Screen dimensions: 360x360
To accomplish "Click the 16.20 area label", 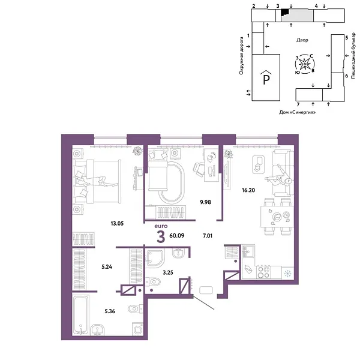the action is coord(248,190).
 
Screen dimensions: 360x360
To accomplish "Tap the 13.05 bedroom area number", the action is coord(117,223).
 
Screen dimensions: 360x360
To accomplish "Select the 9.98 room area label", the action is coord(205,202).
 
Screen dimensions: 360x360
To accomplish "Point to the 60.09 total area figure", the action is coord(177,236).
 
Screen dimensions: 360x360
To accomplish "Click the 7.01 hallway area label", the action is coord(208,236).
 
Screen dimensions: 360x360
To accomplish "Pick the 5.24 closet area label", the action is coord(107,267).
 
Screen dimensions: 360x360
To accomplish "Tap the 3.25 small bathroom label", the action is coord(168,272).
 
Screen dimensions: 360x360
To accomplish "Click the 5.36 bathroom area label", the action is coord(110,311).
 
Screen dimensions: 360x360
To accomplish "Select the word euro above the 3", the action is coord(161,226).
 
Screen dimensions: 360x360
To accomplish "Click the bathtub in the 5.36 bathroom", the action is coord(80,315).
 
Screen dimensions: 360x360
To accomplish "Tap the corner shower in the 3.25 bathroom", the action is coord(155,257).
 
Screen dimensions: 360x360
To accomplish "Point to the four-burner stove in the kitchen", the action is coord(263,272).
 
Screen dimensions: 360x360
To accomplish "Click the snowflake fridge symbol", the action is coord(287,274).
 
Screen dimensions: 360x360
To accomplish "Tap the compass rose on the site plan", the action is coord(305,64).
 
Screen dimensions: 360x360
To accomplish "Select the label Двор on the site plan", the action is coord(302,40).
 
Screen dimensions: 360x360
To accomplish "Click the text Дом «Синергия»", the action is coord(297,112).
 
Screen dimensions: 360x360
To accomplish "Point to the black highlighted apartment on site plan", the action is coord(284,12).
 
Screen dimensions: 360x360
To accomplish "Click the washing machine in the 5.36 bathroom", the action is coord(137,329).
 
